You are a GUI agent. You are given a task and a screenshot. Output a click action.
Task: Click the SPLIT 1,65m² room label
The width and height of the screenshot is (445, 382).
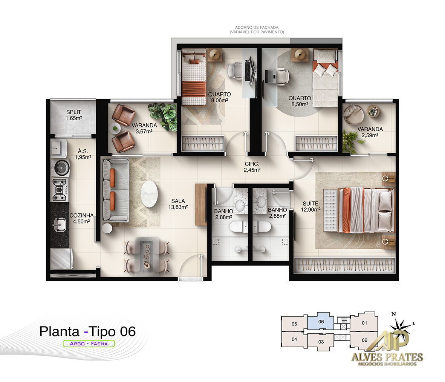click(x=73, y=115)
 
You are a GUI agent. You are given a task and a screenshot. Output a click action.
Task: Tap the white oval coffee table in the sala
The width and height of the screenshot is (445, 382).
click(x=149, y=194)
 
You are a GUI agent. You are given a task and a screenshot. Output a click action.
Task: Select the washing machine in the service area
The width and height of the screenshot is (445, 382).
click(x=61, y=168)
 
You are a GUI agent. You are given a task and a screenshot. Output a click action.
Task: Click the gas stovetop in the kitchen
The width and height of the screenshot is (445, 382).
click(x=60, y=190)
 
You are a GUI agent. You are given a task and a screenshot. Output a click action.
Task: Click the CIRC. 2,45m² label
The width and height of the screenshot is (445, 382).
click(x=252, y=167)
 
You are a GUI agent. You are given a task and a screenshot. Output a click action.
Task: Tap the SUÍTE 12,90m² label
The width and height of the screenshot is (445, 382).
click(x=311, y=207)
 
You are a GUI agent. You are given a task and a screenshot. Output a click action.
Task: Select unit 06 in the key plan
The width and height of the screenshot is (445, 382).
click(x=321, y=322)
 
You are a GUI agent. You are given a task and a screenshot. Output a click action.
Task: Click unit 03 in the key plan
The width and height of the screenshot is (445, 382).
click(x=321, y=342)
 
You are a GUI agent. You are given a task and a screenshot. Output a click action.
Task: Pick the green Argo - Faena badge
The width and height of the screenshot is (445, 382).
click(x=89, y=344)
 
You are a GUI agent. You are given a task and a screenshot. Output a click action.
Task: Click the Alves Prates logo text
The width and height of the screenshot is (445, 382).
click(x=387, y=357)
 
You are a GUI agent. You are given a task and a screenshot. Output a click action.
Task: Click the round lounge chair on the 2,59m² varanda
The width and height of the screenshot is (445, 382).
click(x=353, y=114)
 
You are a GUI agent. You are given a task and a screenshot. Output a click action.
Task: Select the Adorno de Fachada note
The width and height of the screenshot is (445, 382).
click(x=257, y=30)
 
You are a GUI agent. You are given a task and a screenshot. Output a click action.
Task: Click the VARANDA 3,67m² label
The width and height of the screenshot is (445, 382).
click(x=144, y=128)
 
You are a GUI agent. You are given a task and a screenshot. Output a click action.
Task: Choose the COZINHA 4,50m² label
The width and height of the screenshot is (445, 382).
click(x=81, y=218)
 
